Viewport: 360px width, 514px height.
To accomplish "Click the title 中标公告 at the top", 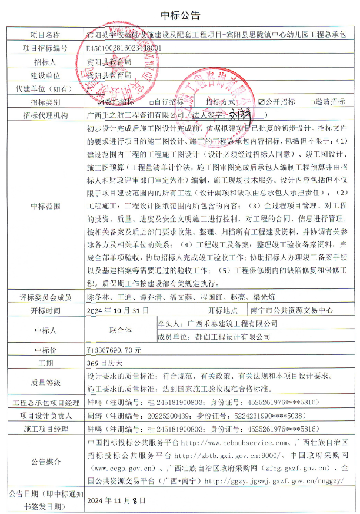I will (x=180, y=15).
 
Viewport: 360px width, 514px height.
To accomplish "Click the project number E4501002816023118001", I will (x=123, y=48).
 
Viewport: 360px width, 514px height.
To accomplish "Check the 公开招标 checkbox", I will (x=262, y=102).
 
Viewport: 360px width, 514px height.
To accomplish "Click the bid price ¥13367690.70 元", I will (x=114, y=349).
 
